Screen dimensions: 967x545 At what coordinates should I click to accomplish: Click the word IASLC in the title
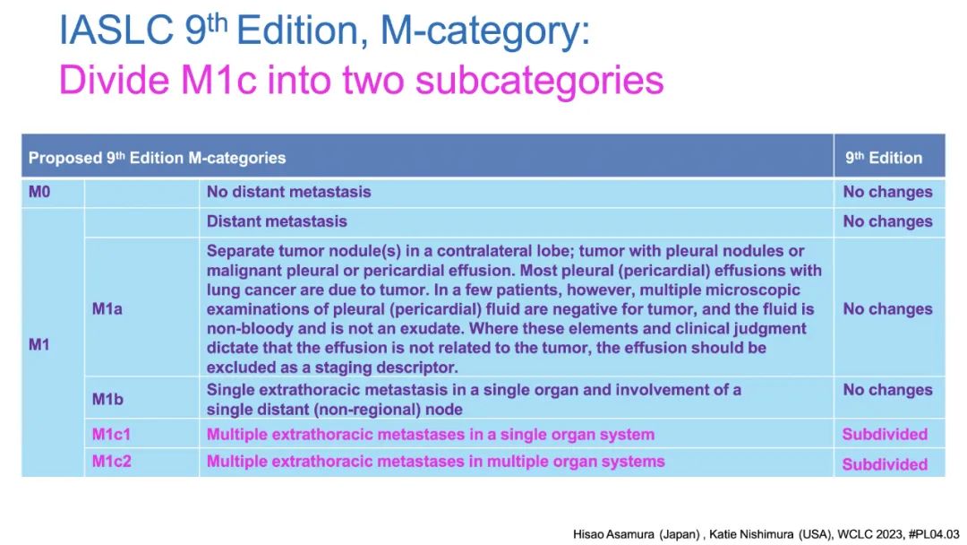(x=116, y=30)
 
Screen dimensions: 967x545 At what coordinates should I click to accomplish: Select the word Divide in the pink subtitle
(x=115, y=80)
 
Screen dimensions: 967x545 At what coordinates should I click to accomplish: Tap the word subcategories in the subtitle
(x=540, y=81)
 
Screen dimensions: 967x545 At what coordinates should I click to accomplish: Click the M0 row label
(x=39, y=192)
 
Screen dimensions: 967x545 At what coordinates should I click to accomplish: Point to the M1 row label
(x=39, y=344)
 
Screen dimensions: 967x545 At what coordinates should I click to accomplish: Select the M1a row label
(x=107, y=308)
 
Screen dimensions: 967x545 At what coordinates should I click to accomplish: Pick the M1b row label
(x=107, y=399)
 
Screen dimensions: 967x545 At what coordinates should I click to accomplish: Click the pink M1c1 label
(x=111, y=435)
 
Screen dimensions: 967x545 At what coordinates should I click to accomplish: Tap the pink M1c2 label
(x=112, y=462)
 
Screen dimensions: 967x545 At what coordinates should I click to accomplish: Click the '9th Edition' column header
(x=884, y=158)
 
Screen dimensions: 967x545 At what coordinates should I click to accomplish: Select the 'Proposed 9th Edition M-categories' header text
(x=158, y=158)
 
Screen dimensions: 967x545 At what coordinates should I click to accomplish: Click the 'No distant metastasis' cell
(x=288, y=192)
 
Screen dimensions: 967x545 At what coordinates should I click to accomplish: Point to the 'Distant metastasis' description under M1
(x=277, y=221)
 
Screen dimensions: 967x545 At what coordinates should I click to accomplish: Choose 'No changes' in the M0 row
(x=887, y=192)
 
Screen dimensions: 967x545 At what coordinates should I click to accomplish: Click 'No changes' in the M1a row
(x=887, y=308)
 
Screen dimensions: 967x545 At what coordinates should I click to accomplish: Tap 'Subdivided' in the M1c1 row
(x=885, y=435)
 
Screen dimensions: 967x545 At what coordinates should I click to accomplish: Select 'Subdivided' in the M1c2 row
(x=885, y=464)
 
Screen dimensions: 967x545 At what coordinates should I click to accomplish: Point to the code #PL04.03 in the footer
(x=934, y=534)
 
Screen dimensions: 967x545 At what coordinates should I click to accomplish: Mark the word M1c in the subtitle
(x=218, y=80)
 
